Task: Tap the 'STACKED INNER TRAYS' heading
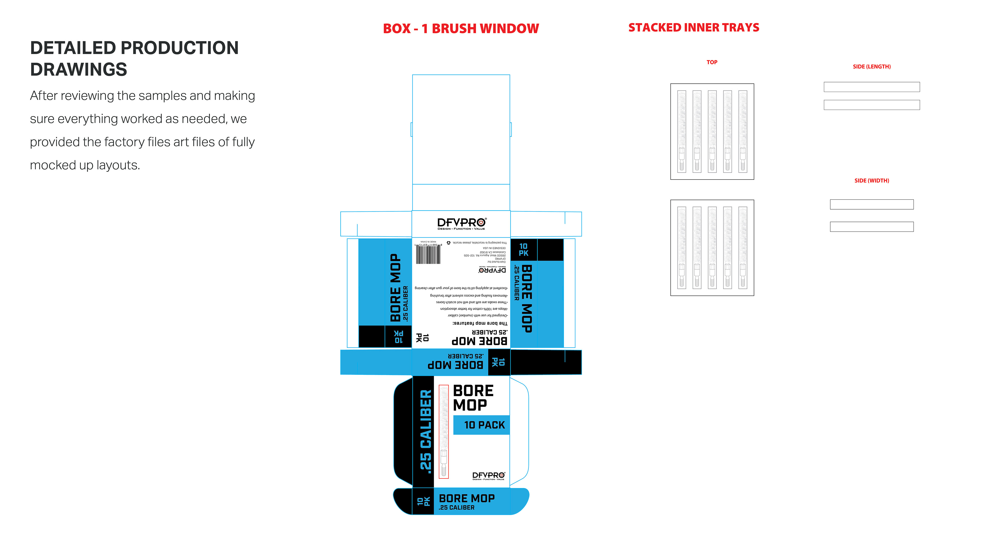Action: click(x=693, y=28)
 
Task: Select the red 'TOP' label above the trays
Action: click(x=712, y=62)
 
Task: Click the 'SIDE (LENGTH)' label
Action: click(x=871, y=67)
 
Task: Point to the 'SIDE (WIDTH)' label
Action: click(x=871, y=181)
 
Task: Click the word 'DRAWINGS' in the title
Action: click(x=79, y=70)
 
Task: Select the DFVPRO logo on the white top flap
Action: click(x=461, y=224)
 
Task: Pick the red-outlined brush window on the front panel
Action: click(x=444, y=432)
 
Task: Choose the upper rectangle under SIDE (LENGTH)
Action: click(x=871, y=87)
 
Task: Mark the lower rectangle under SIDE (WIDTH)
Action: click(x=871, y=227)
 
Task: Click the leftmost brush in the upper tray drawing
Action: click(x=682, y=131)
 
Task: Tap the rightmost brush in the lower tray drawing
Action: click(x=743, y=247)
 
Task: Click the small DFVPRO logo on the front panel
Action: click(x=489, y=476)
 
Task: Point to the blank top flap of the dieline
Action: click(x=461, y=129)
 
